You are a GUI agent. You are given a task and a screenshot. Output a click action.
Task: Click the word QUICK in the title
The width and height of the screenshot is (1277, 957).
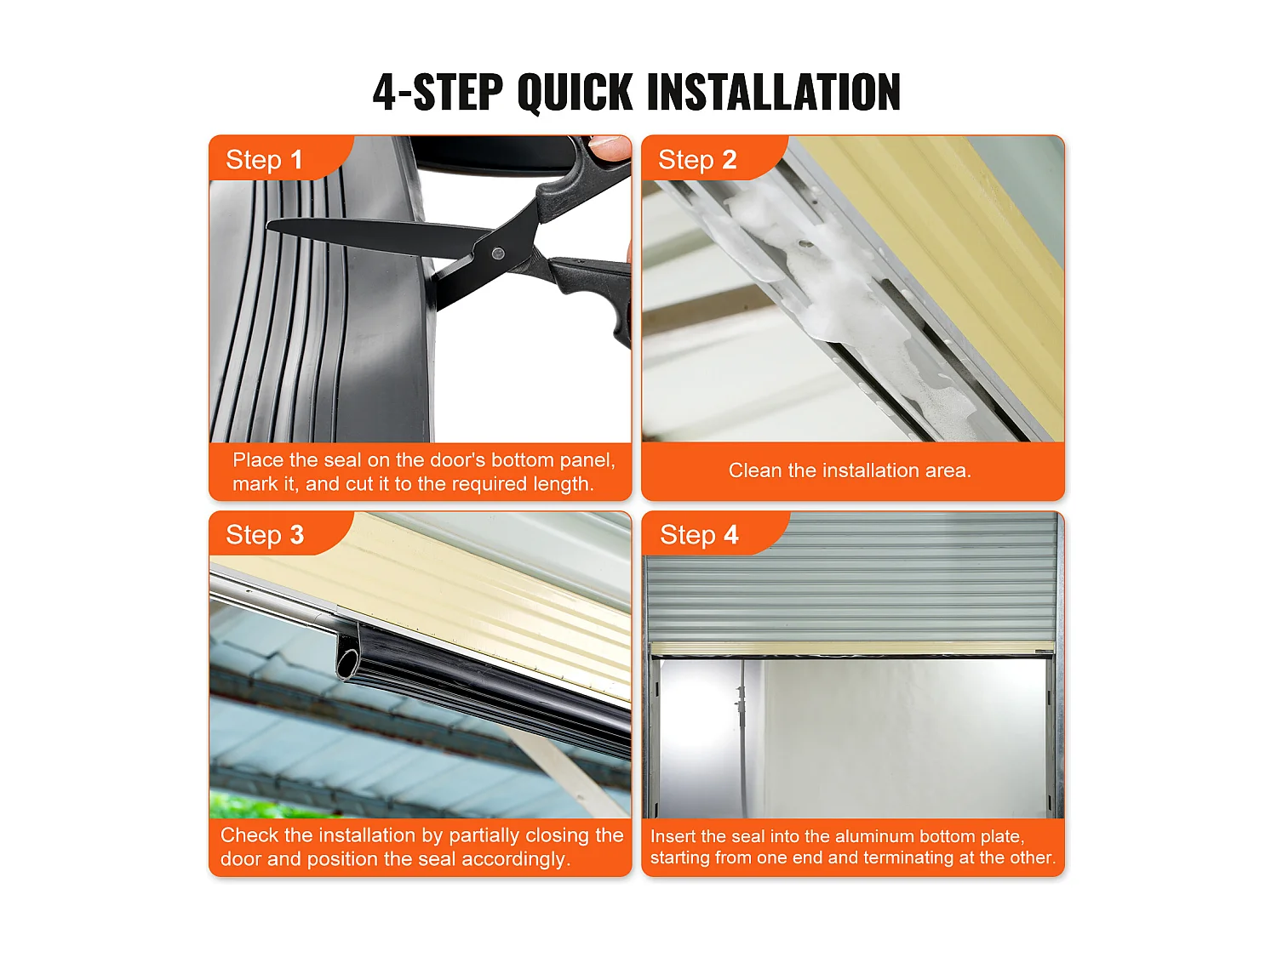[x=574, y=92]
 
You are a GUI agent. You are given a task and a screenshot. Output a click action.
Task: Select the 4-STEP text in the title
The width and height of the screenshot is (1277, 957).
[x=438, y=92]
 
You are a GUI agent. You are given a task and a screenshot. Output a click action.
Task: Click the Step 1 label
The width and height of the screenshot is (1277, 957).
[x=264, y=160]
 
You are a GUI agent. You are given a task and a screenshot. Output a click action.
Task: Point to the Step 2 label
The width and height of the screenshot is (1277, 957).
[x=697, y=160]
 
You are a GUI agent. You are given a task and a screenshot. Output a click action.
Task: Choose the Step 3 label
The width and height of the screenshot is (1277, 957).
[x=265, y=534]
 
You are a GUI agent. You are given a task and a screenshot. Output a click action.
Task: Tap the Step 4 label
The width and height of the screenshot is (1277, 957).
[x=699, y=534]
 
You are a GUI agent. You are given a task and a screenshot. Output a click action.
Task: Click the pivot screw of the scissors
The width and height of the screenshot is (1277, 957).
[x=497, y=253]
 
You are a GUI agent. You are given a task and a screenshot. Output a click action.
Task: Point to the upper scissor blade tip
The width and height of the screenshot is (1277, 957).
[x=268, y=225]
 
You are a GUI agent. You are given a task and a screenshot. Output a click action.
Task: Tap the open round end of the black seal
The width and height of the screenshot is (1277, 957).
[x=348, y=663]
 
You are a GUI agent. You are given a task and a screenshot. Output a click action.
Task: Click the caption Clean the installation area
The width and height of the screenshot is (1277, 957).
[x=850, y=470]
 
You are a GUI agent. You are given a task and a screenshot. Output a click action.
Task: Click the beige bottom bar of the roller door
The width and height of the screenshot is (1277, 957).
[x=852, y=648]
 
